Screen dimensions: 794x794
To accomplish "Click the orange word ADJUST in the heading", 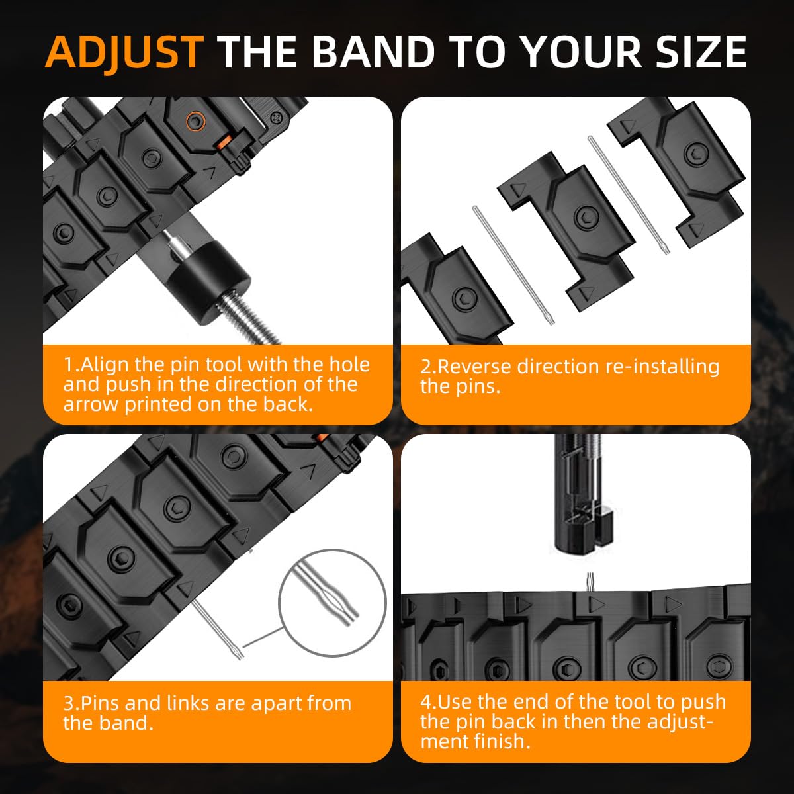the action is tap(124, 53).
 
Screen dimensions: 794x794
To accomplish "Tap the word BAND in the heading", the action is tap(373, 52).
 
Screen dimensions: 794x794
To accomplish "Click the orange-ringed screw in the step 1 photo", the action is tap(195, 121).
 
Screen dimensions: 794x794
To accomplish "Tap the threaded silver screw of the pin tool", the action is tap(250, 320).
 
